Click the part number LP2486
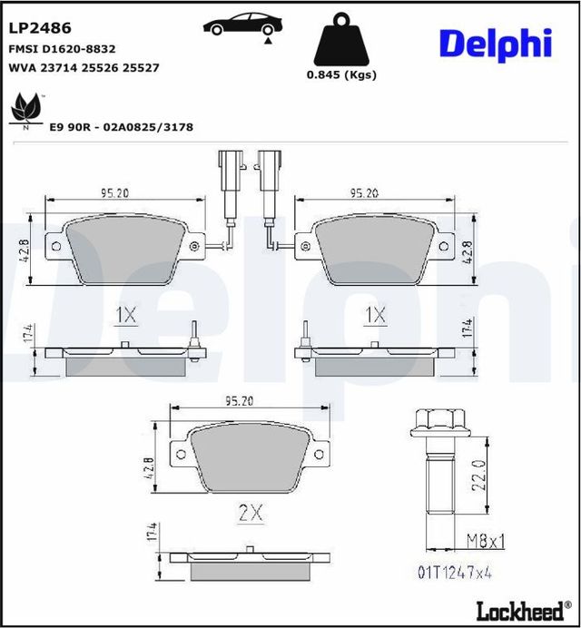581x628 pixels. (40, 29)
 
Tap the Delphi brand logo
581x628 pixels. (496, 44)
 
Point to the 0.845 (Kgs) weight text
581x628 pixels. (342, 75)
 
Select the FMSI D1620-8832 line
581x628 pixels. (61, 49)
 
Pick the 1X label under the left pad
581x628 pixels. (125, 315)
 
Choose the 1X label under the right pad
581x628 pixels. (375, 315)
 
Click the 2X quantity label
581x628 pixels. (250, 513)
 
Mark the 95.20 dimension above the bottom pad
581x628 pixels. (237, 399)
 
